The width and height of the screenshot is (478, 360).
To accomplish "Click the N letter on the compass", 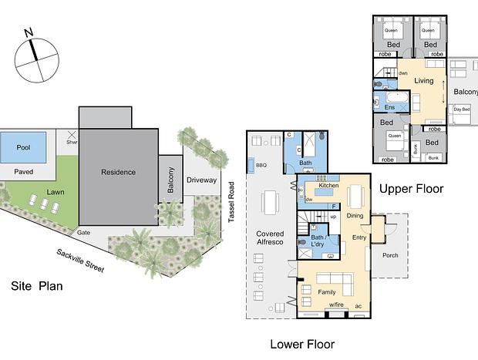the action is coord(29,32).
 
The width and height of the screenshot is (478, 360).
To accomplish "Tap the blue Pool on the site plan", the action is coord(23,147).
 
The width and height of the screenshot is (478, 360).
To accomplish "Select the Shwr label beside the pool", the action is coord(72,142).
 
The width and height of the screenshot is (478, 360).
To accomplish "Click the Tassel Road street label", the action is coord(231,202).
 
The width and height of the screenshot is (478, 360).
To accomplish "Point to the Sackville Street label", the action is coord(80,260).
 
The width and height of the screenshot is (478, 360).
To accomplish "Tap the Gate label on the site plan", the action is coord(83,233).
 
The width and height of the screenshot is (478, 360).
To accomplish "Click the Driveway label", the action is coord(201,180).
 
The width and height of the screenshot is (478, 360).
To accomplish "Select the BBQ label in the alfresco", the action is coord(261,165).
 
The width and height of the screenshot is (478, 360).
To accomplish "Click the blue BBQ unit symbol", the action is coord(251,166).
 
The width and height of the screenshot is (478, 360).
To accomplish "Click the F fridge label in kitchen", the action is coord(334,207).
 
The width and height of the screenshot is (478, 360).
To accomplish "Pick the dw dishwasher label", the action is coord(309,200).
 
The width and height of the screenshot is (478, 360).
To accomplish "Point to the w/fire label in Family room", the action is coord(336,304).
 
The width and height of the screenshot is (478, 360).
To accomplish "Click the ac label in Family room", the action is coord(358,306).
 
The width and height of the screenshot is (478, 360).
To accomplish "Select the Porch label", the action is coord(390,255).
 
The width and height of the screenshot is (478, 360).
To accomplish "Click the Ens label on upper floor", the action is coord(389,107).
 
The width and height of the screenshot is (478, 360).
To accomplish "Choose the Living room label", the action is coord(424,81).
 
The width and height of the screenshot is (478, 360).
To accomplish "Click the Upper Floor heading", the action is coord(411,189).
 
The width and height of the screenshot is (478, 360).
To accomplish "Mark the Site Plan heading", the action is coord(37,286).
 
